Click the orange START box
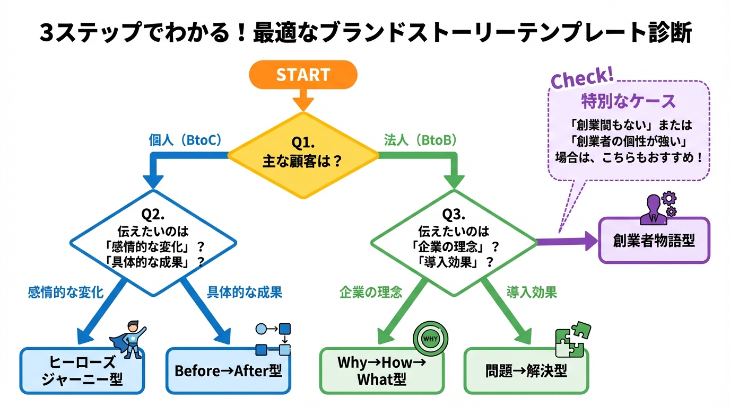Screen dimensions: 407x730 pyautogui.click(x=303, y=74)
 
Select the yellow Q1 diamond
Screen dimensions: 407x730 pyautogui.click(x=303, y=154)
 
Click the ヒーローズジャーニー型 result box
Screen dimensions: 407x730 pyautogui.click(x=82, y=371)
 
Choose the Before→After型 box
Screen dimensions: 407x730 pyautogui.click(x=228, y=371)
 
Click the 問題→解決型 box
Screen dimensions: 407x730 pyautogui.click(x=526, y=371)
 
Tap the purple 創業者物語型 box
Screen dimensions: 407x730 pyautogui.click(x=654, y=241)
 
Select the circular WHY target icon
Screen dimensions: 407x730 pyautogui.click(x=430, y=338)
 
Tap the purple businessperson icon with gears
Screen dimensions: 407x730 pyautogui.click(x=658, y=208)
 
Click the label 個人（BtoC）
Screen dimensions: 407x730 pyautogui.click(x=185, y=140)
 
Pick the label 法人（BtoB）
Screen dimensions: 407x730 pyautogui.click(x=420, y=140)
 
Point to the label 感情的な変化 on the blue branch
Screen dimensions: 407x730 pyautogui.click(x=66, y=291)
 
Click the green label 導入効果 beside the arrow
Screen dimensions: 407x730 pyautogui.click(x=532, y=291)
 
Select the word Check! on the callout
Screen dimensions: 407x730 pyautogui.click(x=582, y=79)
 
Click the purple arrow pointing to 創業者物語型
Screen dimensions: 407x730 pyautogui.click(x=567, y=241)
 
